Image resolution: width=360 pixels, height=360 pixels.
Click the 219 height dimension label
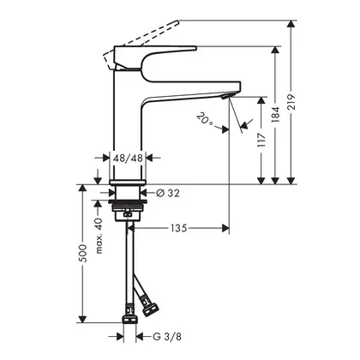291,102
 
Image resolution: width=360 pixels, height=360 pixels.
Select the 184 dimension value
275,115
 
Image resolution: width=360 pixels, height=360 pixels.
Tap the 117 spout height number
261,140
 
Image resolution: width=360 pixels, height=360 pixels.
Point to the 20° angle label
204,119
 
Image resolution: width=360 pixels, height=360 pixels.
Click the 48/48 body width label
128,158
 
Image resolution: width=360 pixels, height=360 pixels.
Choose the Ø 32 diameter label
168,194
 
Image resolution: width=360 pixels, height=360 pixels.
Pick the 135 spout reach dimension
179,228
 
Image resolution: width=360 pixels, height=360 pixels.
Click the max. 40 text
99,236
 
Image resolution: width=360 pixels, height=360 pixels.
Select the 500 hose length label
82,253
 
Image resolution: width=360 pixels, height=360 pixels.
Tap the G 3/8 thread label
167,337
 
